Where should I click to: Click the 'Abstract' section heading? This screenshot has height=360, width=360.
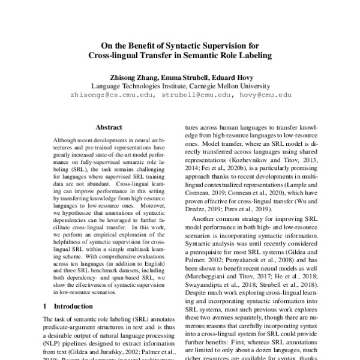[x=109, y=127]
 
